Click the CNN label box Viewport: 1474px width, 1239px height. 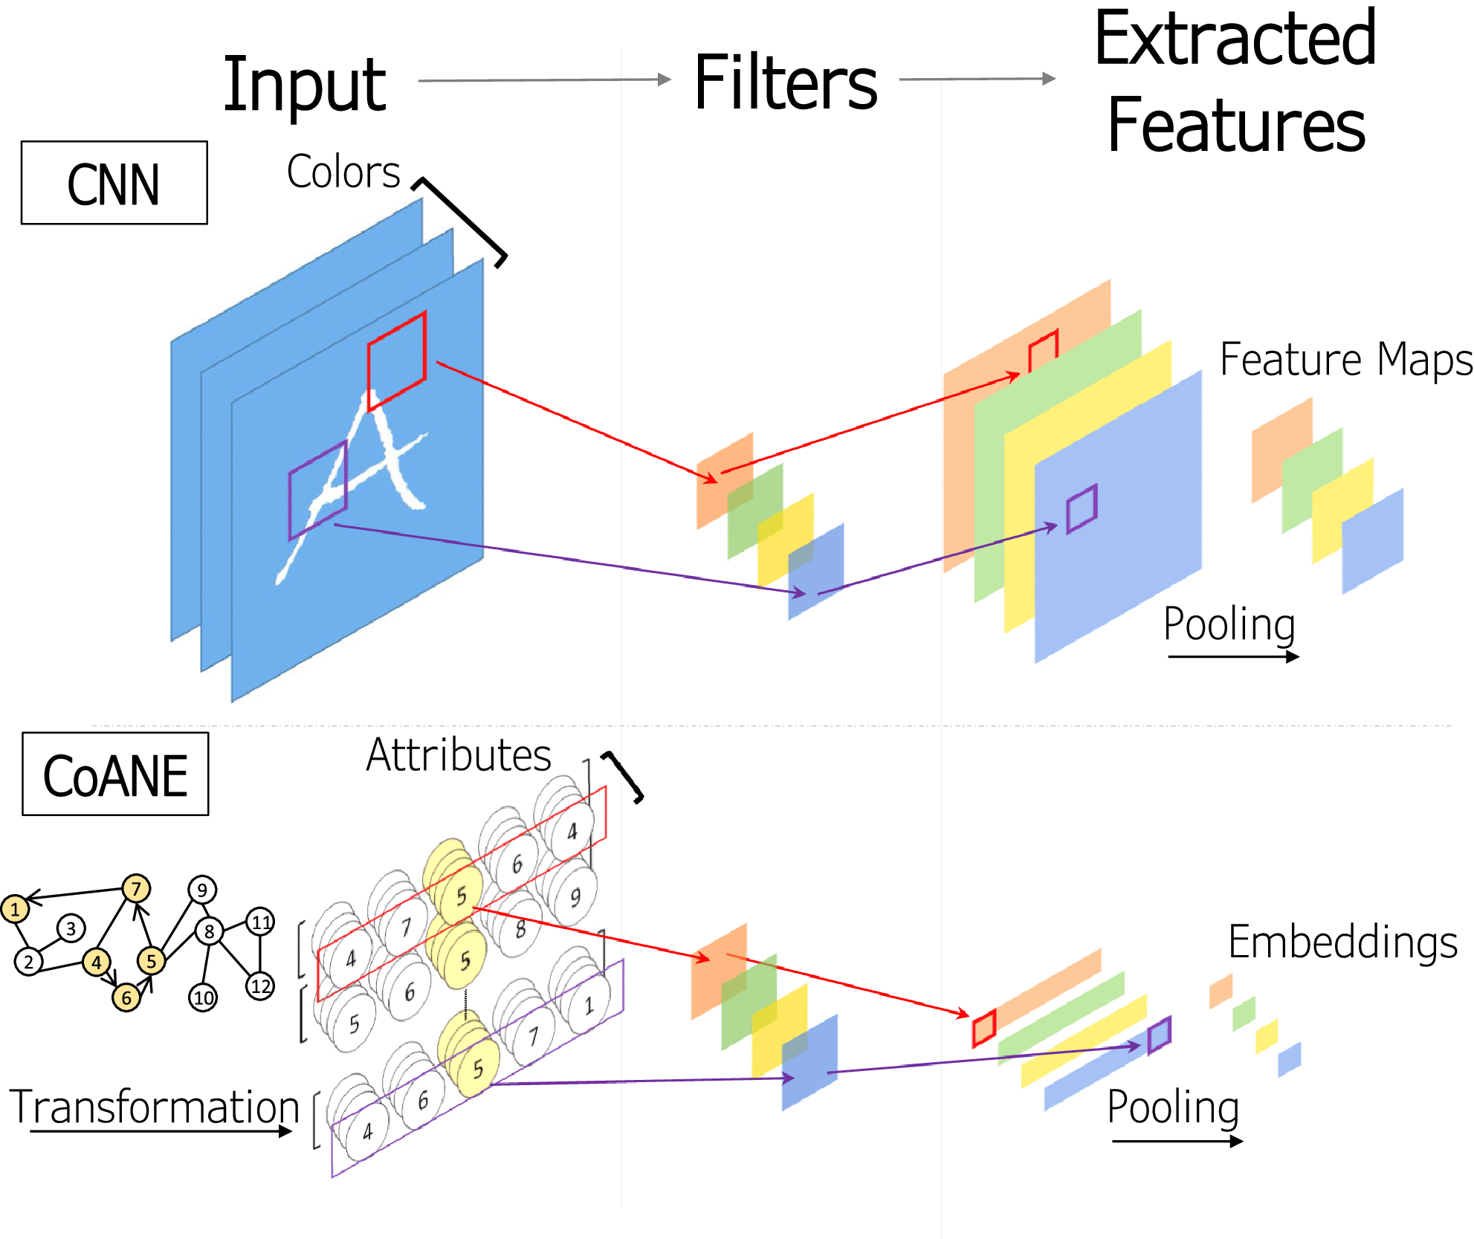pos(114,183)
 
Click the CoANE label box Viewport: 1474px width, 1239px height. pos(115,774)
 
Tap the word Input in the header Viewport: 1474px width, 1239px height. pos(304,85)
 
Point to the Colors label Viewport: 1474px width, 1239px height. pos(343,172)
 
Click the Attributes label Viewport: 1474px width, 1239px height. pos(458,756)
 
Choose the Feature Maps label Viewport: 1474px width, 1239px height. pos(1345,360)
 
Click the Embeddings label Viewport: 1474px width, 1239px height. pos(1342,942)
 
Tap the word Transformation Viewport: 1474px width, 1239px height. pos(154,1107)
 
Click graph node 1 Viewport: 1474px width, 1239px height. pos(15,909)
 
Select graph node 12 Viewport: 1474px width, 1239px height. pos(260,986)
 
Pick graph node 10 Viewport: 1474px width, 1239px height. pos(204,997)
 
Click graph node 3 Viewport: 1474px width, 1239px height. pos(71,928)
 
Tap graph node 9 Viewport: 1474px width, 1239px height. pos(202,890)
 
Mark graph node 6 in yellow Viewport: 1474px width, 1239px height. pos(126,997)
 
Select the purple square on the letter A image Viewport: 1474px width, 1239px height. pos(318,491)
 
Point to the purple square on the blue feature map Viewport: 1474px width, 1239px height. pos(1082,509)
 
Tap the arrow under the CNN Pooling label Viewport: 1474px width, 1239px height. pos(1233,656)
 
